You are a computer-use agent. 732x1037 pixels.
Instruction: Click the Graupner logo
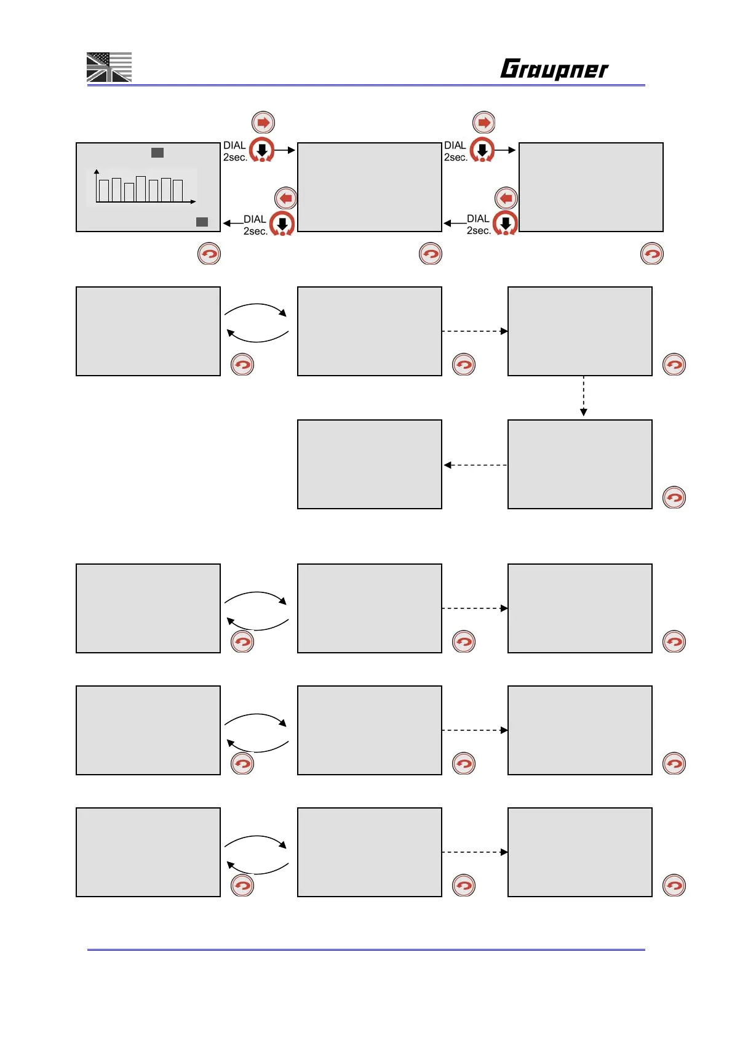point(554,69)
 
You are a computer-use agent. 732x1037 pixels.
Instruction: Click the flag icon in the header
point(109,67)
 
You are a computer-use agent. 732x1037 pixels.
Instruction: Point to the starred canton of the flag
point(98,59)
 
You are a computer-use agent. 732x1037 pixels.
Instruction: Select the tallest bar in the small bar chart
point(141,189)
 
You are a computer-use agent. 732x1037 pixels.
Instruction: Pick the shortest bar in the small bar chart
point(129,192)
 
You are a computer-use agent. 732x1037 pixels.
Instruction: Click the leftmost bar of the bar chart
point(104,190)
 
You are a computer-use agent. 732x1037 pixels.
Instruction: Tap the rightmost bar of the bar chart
point(177,190)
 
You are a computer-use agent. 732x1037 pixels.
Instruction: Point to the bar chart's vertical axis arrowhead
point(97,171)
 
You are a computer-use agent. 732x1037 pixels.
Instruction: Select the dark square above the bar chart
point(157,152)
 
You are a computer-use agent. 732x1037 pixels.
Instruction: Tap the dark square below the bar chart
point(202,222)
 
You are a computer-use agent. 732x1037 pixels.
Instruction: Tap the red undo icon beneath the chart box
point(209,254)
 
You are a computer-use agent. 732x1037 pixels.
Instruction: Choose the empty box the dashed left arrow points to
point(369,464)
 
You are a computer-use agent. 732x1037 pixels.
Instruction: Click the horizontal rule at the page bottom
point(366,950)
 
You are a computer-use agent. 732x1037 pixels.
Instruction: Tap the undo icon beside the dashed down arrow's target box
point(674,498)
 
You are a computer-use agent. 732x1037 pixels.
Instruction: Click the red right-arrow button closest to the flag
point(263,123)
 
